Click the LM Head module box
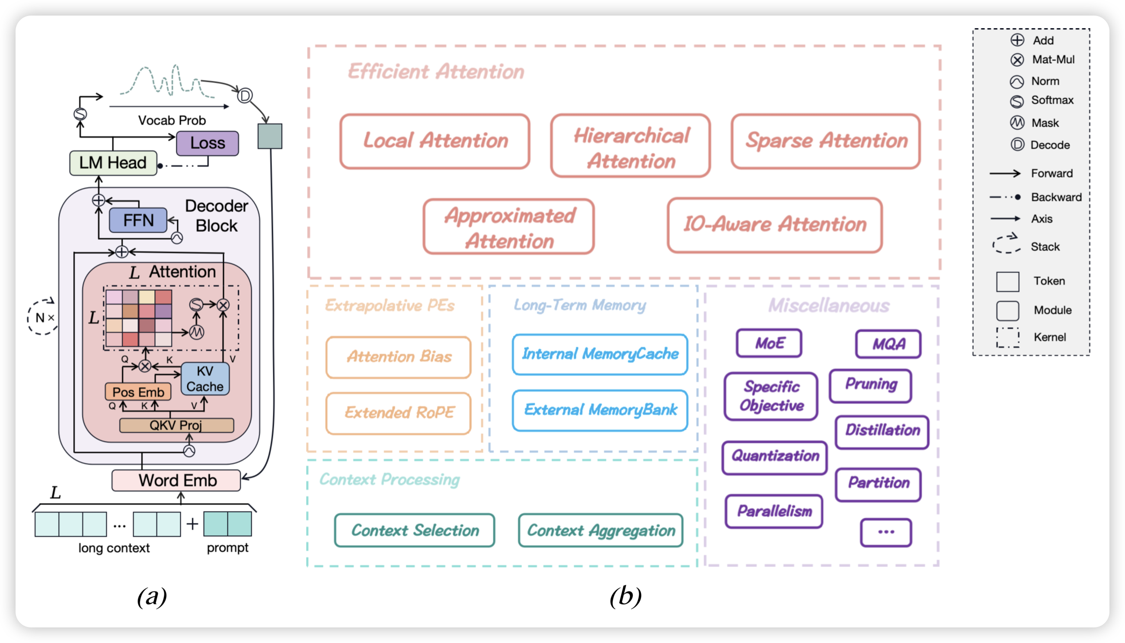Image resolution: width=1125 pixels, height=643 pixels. [113, 163]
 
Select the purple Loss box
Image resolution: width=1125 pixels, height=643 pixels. [208, 143]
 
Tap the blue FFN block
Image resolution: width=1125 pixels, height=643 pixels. [138, 220]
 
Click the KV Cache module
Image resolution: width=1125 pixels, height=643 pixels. [205, 379]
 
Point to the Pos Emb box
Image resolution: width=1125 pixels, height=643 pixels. [138, 392]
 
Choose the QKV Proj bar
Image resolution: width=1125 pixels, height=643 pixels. [176, 425]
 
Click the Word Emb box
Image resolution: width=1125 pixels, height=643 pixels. [176, 480]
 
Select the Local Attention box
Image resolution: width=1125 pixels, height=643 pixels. [435, 141]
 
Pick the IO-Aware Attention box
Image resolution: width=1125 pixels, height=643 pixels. [775, 225]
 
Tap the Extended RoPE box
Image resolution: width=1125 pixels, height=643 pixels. [398, 413]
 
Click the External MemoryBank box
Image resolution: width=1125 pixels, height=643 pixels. [600, 410]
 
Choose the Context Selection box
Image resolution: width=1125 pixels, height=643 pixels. [415, 530]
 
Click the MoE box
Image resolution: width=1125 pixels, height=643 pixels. [769, 343]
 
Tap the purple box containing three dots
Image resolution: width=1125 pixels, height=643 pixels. [886, 532]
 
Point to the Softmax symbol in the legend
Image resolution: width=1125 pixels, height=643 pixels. [1017, 101]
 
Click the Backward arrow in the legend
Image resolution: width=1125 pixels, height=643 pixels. [1005, 197]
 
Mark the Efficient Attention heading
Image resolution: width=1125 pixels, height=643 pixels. [436, 71]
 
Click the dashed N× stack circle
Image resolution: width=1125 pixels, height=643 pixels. [43, 317]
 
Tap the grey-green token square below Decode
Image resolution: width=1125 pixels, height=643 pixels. [269, 136]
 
